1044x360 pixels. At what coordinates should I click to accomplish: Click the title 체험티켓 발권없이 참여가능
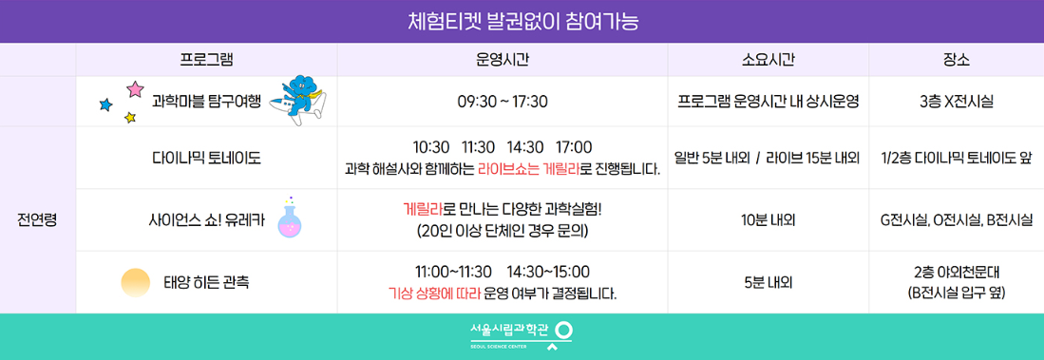(x=522, y=21)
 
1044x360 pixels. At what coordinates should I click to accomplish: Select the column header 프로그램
(x=206, y=60)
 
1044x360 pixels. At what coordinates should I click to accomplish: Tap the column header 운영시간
(x=502, y=60)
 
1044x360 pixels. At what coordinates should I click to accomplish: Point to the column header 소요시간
(x=768, y=60)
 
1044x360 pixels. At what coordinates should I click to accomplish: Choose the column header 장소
(x=957, y=60)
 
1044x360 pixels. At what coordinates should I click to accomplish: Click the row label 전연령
(x=37, y=219)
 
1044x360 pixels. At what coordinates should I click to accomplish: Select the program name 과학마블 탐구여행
(x=206, y=101)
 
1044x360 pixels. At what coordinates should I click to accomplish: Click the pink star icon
(x=135, y=89)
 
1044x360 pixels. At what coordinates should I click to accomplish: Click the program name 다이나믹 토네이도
(x=206, y=158)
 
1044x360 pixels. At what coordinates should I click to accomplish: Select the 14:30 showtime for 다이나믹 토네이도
(x=525, y=147)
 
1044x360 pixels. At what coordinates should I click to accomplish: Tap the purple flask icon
(x=289, y=218)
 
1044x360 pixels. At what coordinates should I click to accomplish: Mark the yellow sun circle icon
(x=136, y=282)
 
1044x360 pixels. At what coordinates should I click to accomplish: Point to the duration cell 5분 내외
(x=768, y=282)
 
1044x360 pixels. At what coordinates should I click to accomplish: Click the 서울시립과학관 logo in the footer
(x=522, y=333)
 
